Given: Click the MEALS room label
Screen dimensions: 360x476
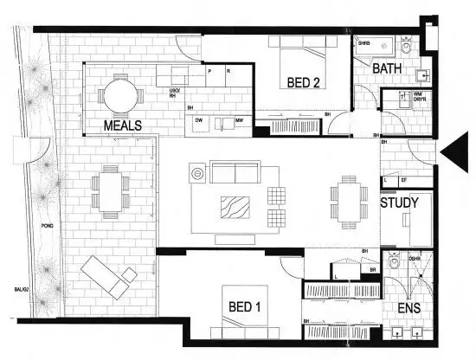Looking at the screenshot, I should point(122,125).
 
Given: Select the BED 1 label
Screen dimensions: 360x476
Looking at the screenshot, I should point(245,307).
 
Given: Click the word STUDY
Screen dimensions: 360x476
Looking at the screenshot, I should point(399,203).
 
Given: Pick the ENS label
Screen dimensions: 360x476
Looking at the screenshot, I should point(411,308).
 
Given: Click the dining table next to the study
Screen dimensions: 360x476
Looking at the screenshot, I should point(348,202).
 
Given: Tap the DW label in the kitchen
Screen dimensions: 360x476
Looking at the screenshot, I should point(199,120).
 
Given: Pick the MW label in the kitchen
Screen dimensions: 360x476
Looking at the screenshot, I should point(237,120).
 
